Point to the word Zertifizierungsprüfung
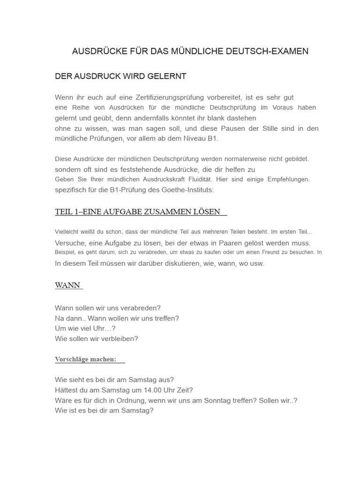click(x=163, y=97)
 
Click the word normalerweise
click(x=237, y=159)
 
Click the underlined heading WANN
click(x=67, y=285)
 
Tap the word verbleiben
click(x=119, y=338)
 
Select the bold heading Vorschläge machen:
click(x=85, y=360)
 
